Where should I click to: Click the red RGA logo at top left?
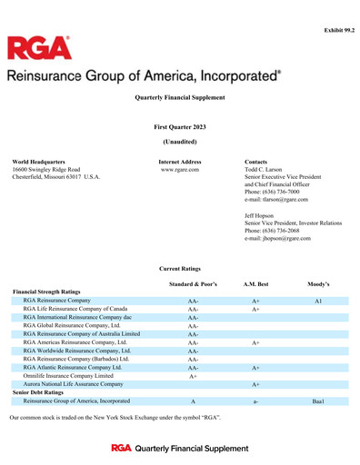[38, 48]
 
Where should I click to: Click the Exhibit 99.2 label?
[338, 31]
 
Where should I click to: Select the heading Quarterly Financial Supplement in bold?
[179, 96]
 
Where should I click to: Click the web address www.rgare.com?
[180, 170]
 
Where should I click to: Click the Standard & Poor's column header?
[193, 285]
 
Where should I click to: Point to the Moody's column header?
[318, 285]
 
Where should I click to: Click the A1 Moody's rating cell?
[318, 300]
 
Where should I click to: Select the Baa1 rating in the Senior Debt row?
[318, 401]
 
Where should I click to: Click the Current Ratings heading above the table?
[180, 269]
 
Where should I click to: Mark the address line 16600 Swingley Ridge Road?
[46, 170]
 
